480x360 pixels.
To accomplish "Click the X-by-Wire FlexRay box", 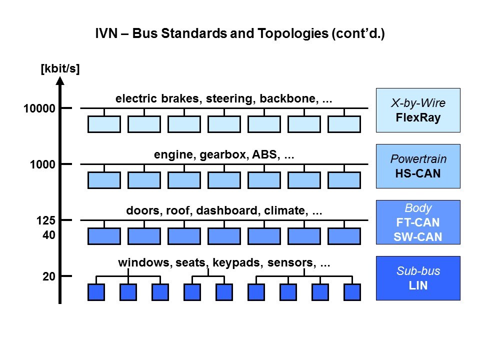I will tap(417, 110).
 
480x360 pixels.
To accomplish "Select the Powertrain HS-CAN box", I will tap(417, 166).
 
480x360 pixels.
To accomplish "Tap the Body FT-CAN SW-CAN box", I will tap(417, 222).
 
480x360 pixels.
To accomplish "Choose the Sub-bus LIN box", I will tap(417, 278).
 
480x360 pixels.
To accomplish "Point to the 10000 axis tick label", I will tap(39, 108).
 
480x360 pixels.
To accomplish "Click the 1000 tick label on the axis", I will tap(43, 164).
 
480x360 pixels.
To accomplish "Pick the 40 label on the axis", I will tap(48, 234).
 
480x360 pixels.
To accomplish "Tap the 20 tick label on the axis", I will tap(48, 276).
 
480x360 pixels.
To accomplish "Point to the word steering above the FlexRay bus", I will tap(230, 99).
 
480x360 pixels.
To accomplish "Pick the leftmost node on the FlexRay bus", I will tap(104, 124).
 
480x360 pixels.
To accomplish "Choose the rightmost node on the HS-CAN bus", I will tap(344, 180).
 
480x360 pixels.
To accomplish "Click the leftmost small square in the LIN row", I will tap(96, 292).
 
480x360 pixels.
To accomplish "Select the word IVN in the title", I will tap(105, 34).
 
